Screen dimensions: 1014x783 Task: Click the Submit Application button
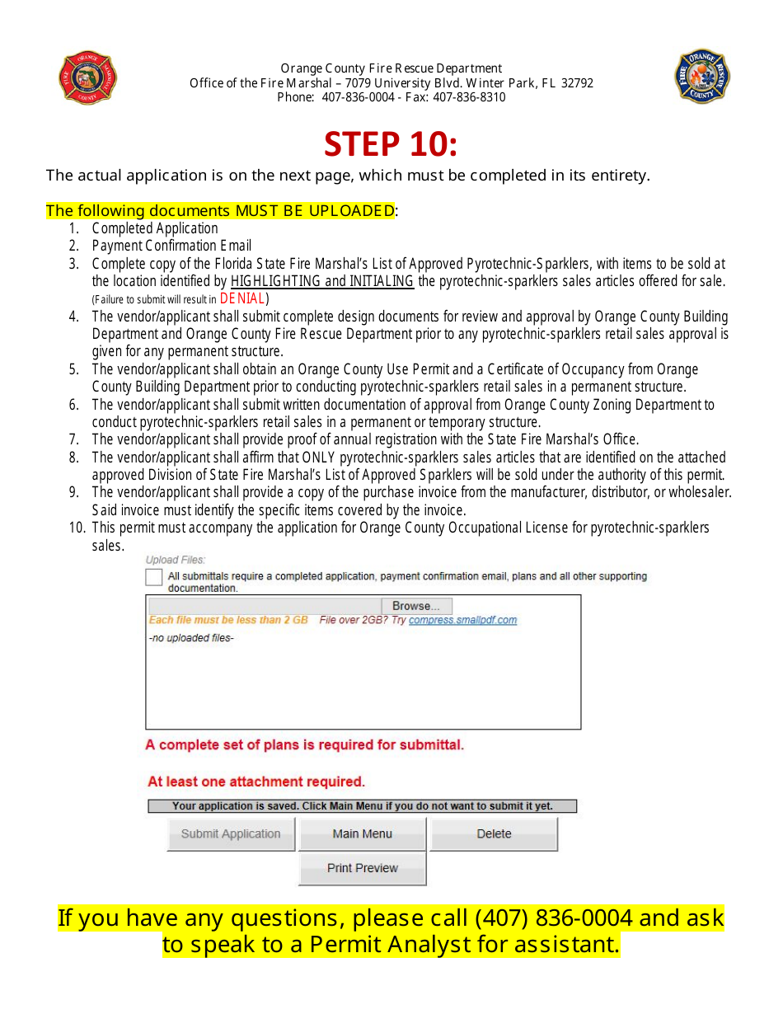[x=231, y=833]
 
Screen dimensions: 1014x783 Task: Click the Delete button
[x=494, y=833]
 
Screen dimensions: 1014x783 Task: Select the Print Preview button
[x=362, y=868]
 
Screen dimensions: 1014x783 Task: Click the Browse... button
[x=416, y=606]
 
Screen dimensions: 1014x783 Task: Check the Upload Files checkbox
[x=154, y=577]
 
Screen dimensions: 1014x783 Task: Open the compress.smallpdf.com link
[x=462, y=620]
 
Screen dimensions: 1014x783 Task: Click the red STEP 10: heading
[x=391, y=143]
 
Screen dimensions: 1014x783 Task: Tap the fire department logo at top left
[x=88, y=78]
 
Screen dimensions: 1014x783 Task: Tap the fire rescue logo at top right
[x=702, y=77]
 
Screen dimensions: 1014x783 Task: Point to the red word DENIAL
[x=242, y=298]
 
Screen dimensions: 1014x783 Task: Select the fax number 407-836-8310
[x=469, y=97]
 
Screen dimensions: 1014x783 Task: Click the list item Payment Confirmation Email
[x=171, y=246]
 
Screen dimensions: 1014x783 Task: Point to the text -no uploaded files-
[x=191, y=638]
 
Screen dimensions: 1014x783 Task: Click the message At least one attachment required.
[x=256, y=782]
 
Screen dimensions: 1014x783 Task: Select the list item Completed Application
[x=155, y=228]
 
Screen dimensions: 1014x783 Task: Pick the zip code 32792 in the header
[x=576, y=83]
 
